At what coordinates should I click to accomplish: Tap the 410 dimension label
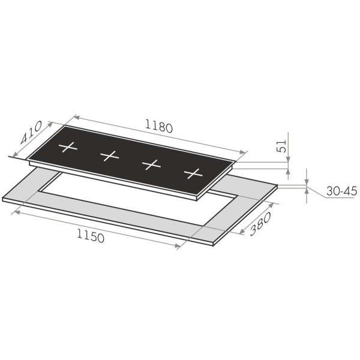[31, 133]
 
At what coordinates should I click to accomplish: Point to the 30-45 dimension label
[341, 191]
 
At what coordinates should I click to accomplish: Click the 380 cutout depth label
[260, 224]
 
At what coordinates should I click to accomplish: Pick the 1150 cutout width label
[91, 236]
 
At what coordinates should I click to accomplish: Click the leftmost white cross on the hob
[68, 147]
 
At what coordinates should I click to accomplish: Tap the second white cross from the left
[110, 155]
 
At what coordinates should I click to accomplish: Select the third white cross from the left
[151, 164]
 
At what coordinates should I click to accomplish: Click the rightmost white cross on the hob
[193, 173]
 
